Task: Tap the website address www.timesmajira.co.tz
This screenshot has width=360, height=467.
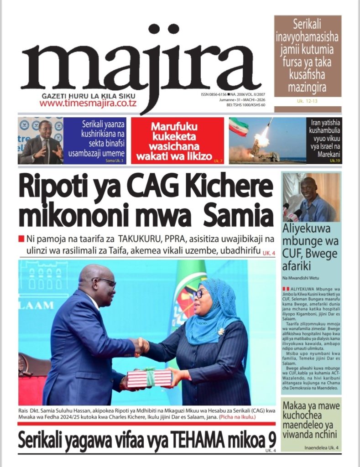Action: point(88,104)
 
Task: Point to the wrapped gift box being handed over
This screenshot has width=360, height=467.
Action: point(149,378)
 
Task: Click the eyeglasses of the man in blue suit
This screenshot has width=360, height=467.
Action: point(106,282)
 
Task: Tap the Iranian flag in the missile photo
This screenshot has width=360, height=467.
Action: point(239,127)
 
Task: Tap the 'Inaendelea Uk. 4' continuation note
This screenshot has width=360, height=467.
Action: point(321,448)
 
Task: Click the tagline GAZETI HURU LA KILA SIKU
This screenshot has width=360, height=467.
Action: point(89,96)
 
